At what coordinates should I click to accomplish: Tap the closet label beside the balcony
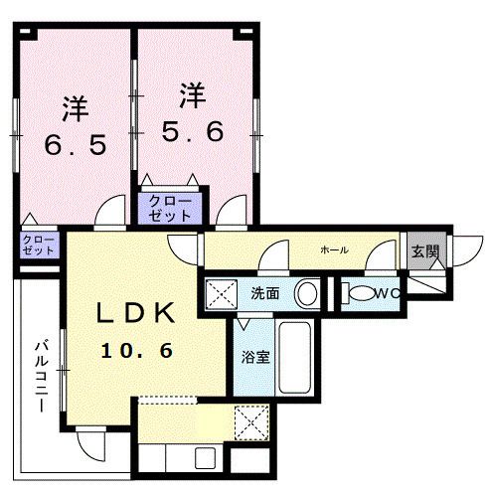38,246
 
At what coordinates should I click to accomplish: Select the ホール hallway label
334,249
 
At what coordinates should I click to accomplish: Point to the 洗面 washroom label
265,294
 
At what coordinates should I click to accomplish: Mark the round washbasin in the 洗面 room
308,294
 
